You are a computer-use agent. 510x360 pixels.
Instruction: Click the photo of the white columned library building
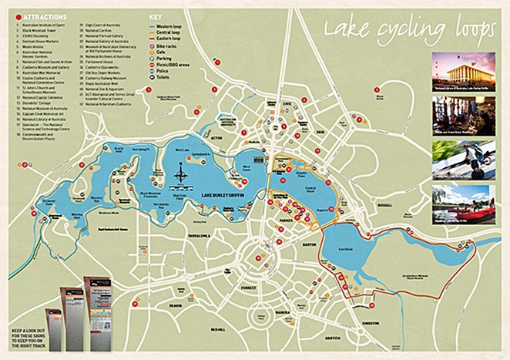(x=462, y=71)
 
